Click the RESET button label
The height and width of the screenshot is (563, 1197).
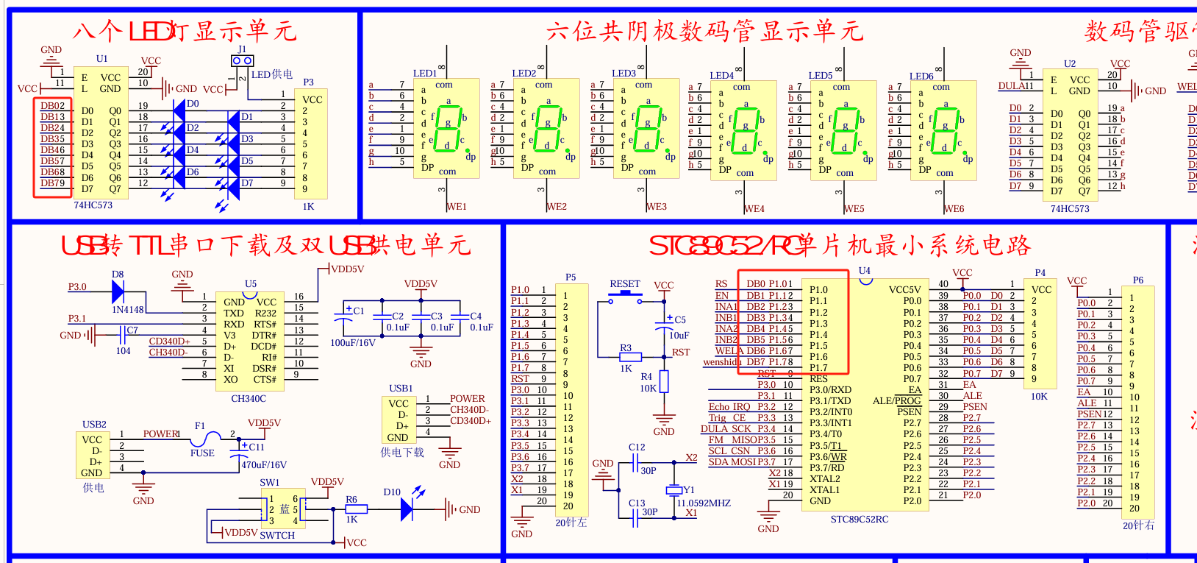[x=625, y=284]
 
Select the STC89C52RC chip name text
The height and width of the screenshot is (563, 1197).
[x=859, y=520]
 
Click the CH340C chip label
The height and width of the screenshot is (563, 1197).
[x=249, y=399]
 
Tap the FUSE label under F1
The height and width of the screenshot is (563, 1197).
[x=202, y=453]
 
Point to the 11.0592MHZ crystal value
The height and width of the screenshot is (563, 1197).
[x=704, y=503]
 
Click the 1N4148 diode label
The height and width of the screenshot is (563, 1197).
[x=128, y=310]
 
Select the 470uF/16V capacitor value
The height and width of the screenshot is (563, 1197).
[x=264, y=465]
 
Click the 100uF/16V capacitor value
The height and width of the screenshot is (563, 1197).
[x=353, y=343]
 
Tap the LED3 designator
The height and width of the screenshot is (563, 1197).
[x=623, y=74]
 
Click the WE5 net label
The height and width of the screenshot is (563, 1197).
[x=854, y=209]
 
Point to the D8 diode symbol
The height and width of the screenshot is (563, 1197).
[x=118, y=291]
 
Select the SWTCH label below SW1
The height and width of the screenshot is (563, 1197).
[x=277, y=536]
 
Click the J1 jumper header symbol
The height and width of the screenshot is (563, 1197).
[x=242, y=60]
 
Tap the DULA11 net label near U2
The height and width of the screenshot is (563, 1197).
[x=1015, y=86]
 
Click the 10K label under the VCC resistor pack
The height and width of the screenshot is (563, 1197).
[x=1039, y=397]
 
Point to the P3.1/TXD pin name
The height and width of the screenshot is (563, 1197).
[x=830, y=401]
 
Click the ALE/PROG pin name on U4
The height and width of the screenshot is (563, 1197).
[x=896, y=401]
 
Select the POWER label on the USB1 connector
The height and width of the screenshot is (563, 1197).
[x=468, y=399]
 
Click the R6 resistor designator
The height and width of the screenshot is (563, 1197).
[x=351, y=500]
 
